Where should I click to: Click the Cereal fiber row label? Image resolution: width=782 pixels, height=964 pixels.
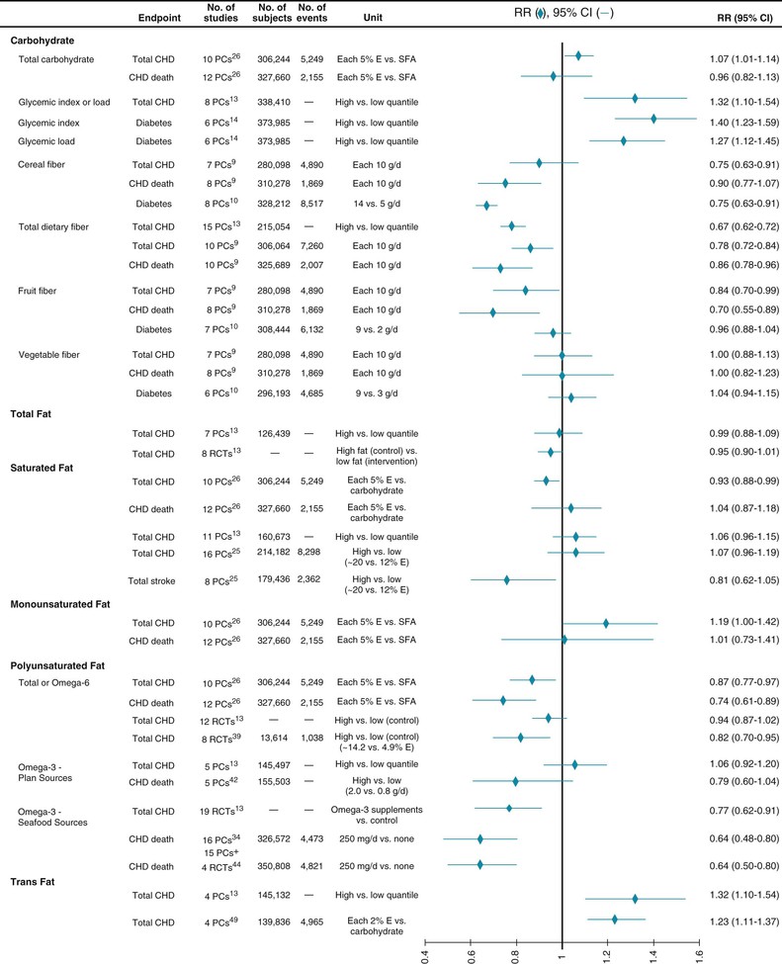(x=43, y=164)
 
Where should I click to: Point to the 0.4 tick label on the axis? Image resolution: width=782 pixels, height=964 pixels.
(x=426, y=951)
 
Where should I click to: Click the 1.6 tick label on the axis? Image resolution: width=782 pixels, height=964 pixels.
(x=699, y=951)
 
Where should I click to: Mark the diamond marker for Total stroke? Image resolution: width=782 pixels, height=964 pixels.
(x=507, y=580)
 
